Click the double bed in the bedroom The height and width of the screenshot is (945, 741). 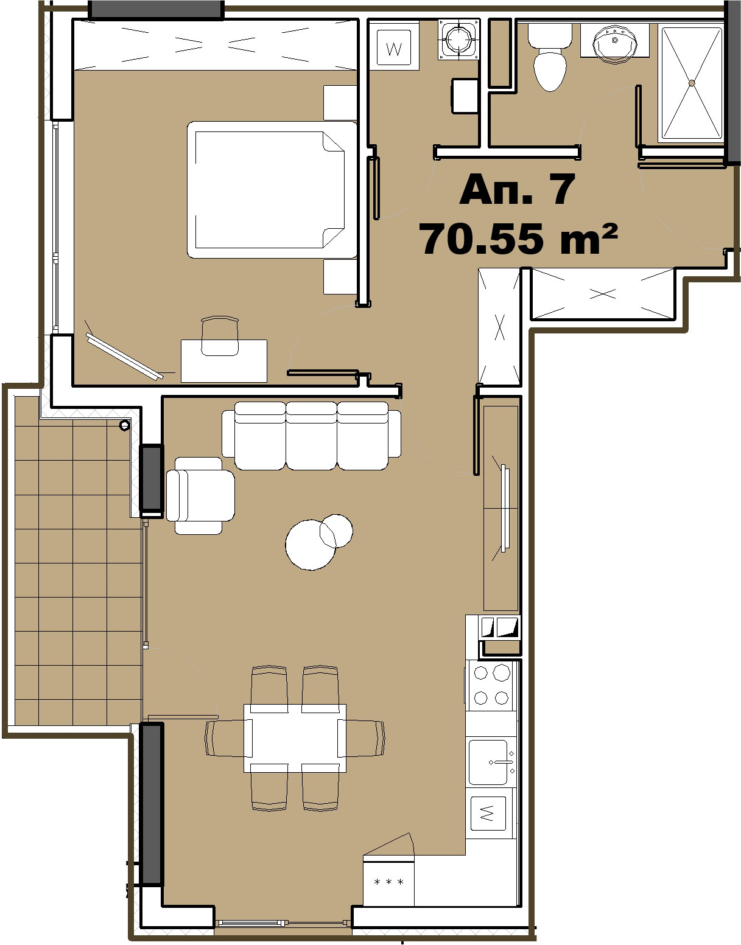point(272,190)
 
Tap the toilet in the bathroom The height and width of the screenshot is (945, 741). point(550,57)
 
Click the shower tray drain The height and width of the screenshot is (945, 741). point(692,83)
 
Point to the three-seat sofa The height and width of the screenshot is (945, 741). point(312,435)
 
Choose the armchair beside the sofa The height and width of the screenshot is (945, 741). point(200,495)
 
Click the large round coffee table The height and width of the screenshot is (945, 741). point(311,545)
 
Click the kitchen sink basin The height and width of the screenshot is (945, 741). point(488,762)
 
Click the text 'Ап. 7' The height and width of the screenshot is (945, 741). point(518,190)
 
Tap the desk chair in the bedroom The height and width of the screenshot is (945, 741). point(220,336)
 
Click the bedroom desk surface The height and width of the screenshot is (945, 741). point(224,360)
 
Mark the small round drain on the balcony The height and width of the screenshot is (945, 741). point(124,425)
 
